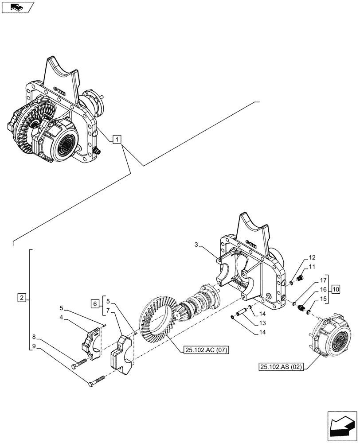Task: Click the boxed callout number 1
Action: click(x=116, y=140)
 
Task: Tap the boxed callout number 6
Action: click(x=95, y=303)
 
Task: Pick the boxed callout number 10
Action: click(x=336, y=289)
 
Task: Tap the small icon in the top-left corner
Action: click(x=17, y=8)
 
